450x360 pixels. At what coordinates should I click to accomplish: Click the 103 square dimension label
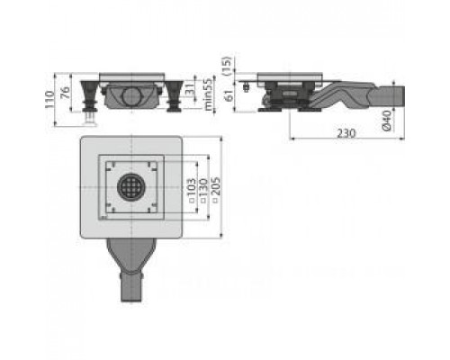pos(192,188)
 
